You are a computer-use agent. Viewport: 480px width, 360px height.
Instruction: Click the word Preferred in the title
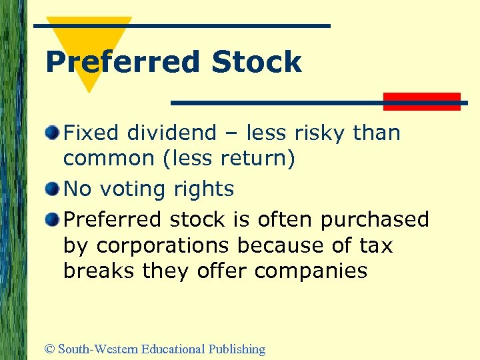[122, 63]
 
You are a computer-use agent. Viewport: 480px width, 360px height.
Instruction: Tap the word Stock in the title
[257, 63]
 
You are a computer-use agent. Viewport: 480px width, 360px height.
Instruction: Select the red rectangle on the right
[422, 101]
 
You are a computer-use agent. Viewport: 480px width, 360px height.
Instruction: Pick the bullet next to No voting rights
[53, 190]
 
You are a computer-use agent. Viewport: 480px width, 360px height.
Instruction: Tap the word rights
[204, 190]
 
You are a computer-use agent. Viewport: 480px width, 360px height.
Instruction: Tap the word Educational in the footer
[169, 349]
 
